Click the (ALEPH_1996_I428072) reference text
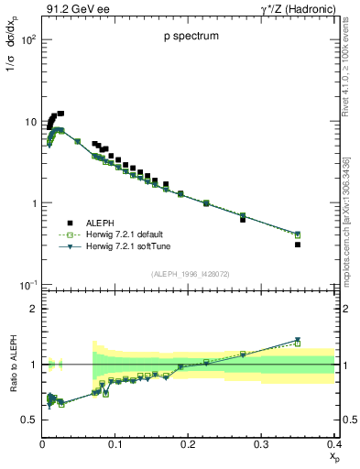[188, 274]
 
